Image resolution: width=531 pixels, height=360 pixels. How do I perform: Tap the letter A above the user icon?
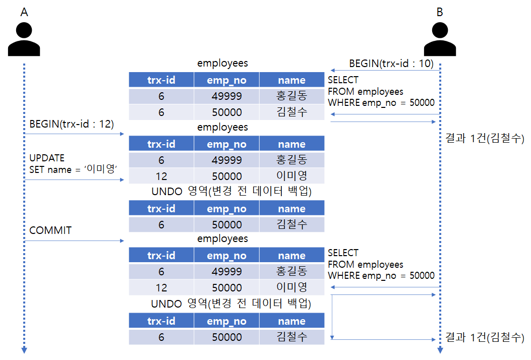click(x=24, y=12)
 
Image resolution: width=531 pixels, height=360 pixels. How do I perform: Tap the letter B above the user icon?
click(x=440, y=12)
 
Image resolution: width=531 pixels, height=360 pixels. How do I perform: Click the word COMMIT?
click(x=50, y=230)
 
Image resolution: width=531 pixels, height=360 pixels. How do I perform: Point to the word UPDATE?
click(x=47, y=158)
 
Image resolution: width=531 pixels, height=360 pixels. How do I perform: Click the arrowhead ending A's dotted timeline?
click(x=24, y=350)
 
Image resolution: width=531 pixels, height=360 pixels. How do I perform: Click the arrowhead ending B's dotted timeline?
click(x=440, y=350)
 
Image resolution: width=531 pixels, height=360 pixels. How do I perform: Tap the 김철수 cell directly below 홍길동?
click(x=291, y=112)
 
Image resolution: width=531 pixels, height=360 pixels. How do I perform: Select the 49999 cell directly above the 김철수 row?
click(x=226, y=96)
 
